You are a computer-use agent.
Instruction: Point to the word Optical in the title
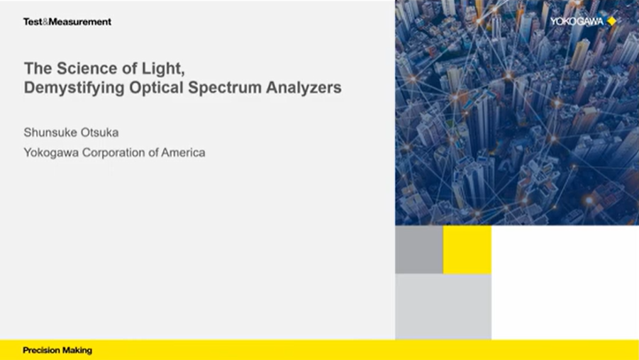[156, 88]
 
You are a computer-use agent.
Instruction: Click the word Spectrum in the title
[225, 88]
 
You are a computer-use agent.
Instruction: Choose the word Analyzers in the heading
[304, 87]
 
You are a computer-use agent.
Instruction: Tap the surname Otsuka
[100, 133]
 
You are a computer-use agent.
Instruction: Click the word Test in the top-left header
[33, 21]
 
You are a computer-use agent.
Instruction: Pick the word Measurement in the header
[80, 21]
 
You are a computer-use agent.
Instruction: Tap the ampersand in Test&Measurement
[45, 21]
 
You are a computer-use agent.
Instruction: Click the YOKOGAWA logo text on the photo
[577, 21]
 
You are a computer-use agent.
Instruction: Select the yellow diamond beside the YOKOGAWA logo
[612, 21]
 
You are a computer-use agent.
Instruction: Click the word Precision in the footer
[40, 350]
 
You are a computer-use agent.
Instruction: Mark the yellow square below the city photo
[467, 249]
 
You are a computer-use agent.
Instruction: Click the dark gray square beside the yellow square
[419, 249]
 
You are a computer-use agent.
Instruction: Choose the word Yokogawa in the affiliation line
[51, 152]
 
